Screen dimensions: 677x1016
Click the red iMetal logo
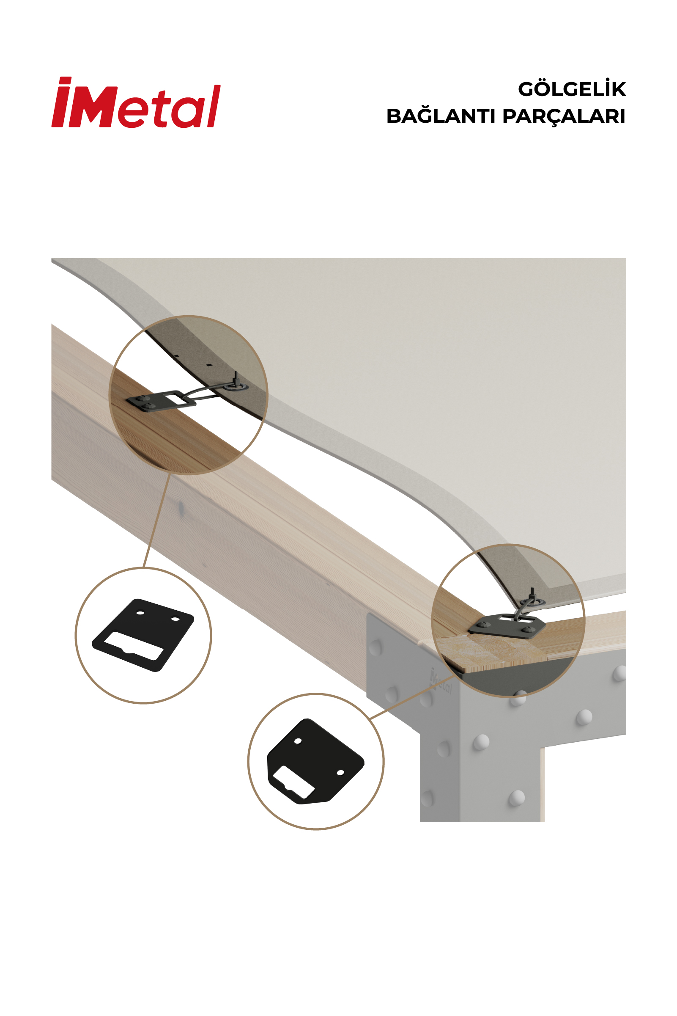136,102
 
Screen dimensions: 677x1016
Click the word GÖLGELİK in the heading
572,89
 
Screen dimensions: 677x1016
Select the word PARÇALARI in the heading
564,117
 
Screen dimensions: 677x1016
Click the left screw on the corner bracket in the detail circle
486,624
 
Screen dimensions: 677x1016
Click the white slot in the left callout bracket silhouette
134,647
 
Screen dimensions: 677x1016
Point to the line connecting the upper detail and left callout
156,520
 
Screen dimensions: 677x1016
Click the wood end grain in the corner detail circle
488,652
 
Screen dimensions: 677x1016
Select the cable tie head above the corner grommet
532,592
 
